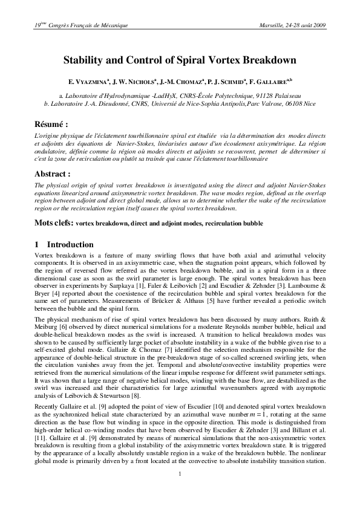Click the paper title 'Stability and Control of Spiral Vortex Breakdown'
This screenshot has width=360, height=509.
click(x=180, y=60)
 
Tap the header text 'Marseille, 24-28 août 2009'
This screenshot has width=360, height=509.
click(x=292, y=25)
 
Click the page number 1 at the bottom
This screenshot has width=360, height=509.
click(x=180, y=489)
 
